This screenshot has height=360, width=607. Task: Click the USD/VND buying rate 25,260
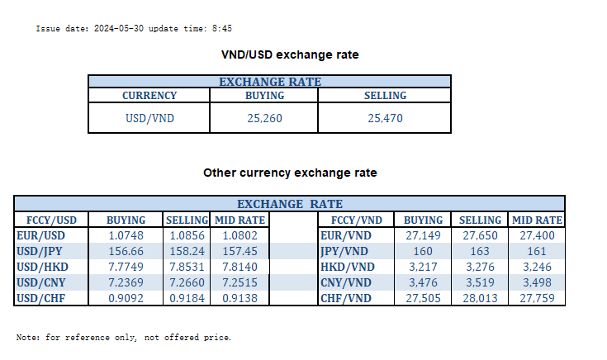[x=264, y=118]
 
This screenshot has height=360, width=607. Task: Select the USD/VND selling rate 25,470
[x=385, y=118]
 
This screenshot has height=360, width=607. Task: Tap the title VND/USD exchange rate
[x=290, y=54]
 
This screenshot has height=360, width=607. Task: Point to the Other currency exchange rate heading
[x=290, y=173]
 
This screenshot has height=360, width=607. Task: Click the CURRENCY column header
[x=149, y=96]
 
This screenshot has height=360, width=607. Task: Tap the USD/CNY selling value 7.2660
[x=187, y=282]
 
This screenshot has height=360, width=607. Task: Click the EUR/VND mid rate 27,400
[x=538, y=235]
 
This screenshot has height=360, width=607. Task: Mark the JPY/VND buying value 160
[x=423, y=251]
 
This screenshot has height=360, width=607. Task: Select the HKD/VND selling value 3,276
[x=480, y=267]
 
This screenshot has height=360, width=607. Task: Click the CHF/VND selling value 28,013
[x=480, y=298]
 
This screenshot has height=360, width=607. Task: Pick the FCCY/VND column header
[x=356, y=220]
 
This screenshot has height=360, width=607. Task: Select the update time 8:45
[x=221, y=28]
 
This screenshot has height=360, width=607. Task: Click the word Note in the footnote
[x=26, y=338]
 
